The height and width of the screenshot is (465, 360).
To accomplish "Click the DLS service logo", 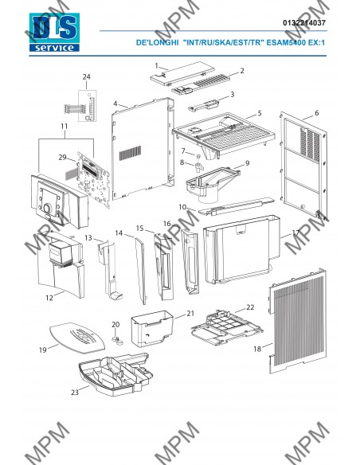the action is [54, 33].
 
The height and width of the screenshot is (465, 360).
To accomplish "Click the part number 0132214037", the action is [304, 23].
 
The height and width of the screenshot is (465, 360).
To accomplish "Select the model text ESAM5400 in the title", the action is [286, 42].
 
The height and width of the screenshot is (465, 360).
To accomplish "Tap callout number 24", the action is [86, 76].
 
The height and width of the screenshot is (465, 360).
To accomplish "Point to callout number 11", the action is [65, 126].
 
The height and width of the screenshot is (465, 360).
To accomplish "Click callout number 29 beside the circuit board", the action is [62, 157].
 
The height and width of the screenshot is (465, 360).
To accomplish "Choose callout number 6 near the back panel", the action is [317, 113].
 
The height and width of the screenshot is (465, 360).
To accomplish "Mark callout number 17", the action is [296, 232].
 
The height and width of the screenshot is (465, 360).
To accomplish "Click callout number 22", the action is [250, 307].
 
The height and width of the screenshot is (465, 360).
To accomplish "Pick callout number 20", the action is [115, 324].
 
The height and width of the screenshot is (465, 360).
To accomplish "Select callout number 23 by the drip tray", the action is [75, 393].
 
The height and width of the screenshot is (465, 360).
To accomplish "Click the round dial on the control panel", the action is [47, 208].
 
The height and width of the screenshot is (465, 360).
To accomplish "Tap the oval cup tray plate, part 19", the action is [76, 338].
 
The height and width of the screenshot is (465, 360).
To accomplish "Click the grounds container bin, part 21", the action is [152, 329].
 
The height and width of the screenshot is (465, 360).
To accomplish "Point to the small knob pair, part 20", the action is [118, 340].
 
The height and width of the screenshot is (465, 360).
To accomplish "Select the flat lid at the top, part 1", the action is [182, 73].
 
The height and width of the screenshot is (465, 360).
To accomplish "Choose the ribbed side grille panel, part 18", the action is [298, 322].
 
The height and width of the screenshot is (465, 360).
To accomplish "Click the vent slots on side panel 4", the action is [130, 153].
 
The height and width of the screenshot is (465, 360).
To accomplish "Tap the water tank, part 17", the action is [241, 250].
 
